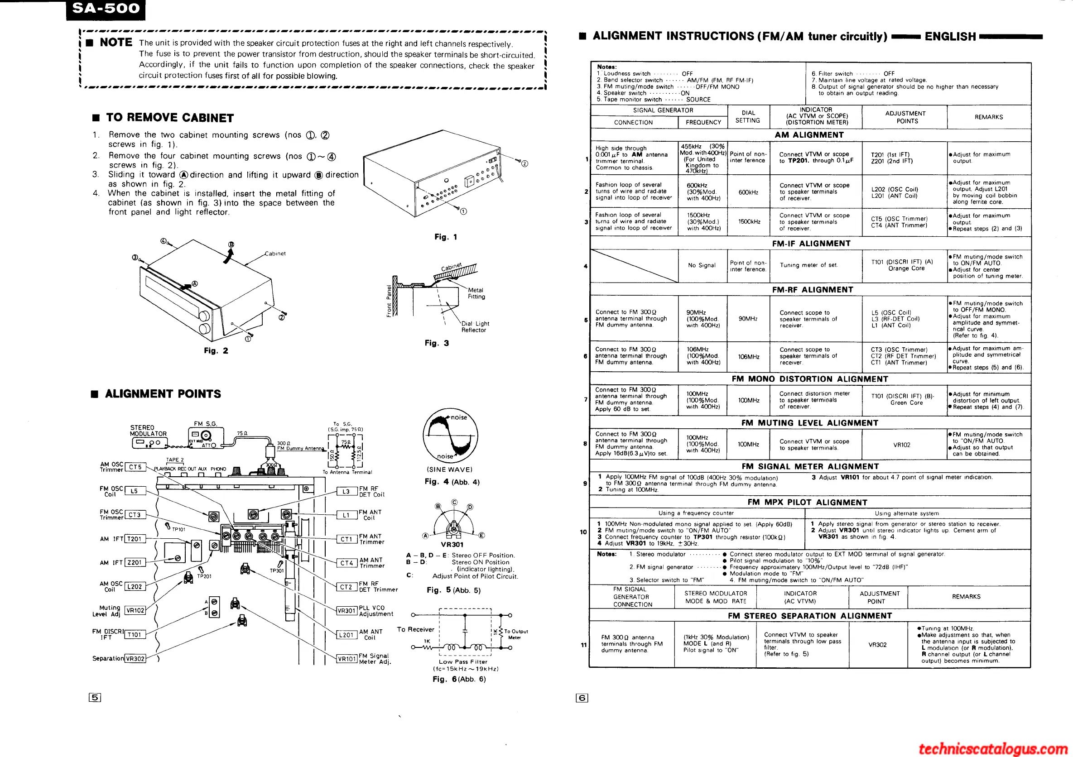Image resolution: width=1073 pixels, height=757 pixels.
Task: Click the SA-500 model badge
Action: pos(106,10)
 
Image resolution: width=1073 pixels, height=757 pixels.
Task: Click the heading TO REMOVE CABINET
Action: pos(169,118)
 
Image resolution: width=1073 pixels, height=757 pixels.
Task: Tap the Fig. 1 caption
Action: pos(445,237)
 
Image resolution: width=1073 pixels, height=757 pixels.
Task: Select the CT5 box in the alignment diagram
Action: pos(135,467)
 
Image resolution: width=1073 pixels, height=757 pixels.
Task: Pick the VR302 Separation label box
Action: pos(135,659)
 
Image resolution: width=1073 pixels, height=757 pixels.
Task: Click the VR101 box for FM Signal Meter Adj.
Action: pos(347,659)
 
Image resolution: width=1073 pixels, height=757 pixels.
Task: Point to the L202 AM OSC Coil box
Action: pos(135,586)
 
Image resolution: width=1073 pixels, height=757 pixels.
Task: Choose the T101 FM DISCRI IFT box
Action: pos(135,635)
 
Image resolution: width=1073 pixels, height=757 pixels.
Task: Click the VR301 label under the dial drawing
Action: pos(452,544)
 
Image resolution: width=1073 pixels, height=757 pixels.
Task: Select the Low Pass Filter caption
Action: pos(462,661)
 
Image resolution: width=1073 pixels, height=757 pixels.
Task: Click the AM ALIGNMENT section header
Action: pos(809,135)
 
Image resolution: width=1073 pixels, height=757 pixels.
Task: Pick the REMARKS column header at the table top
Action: pos(988,117)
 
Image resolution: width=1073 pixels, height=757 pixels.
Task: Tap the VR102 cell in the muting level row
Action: pos(901,445)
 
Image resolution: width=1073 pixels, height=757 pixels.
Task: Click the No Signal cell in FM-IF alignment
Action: pos(702,265)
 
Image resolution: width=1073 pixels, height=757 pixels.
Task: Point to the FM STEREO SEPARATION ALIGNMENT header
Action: pos(809,616)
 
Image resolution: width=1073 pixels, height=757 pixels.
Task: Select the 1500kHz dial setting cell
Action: pos(749,222)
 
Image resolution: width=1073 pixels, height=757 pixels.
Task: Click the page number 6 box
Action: pos(582,698)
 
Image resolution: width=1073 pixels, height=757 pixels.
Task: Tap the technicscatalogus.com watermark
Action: pos(994,748)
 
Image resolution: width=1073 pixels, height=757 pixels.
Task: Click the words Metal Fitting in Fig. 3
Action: pos(476,293)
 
